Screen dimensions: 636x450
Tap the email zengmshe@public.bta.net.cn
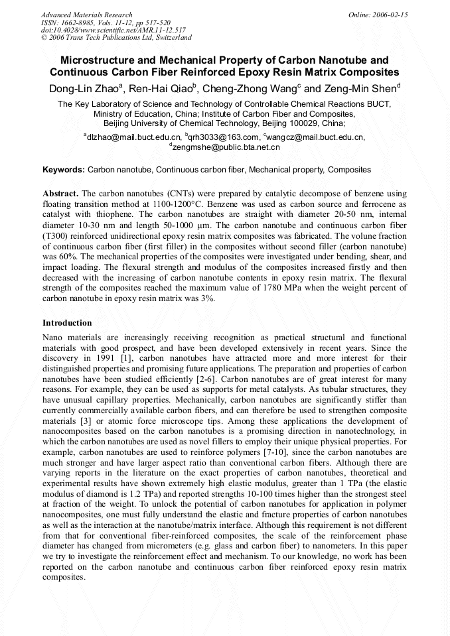[224, 147]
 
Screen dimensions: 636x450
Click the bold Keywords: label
[64, 170]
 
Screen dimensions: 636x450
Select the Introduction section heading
[67, 323]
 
